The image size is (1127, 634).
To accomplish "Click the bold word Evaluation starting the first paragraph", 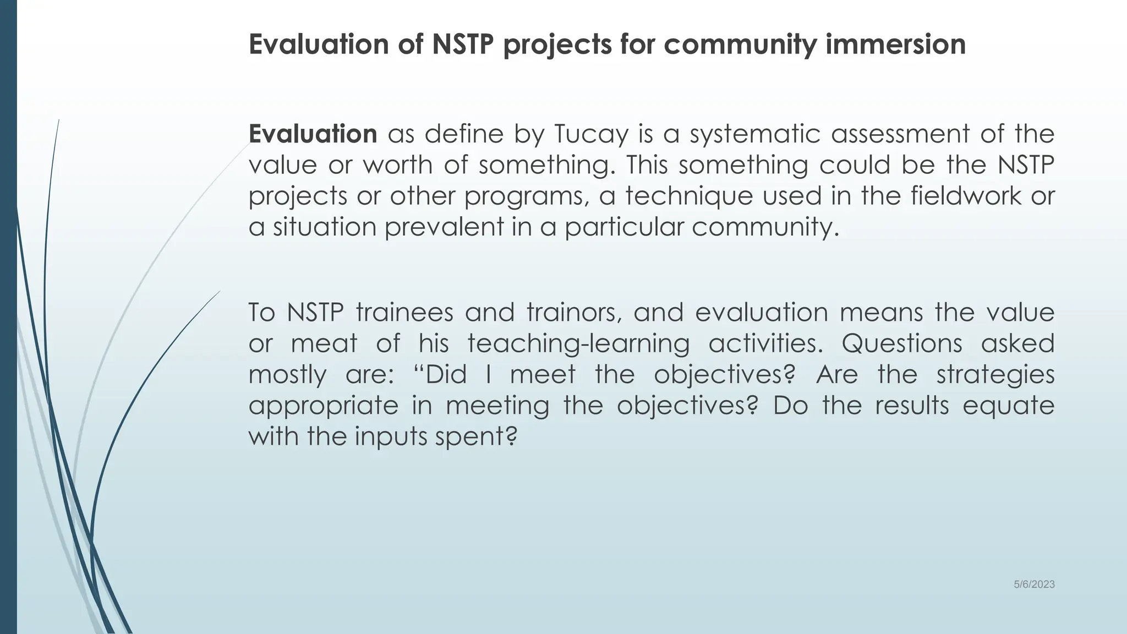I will pyautogui.click(x=313, y=134).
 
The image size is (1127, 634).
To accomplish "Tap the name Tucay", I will pyautogui.click(x=590, y=134).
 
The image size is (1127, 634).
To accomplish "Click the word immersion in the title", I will pyautogui.click(x=895, y=45).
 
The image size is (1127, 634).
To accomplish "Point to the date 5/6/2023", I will pyautogui.click(x=1034, y=585).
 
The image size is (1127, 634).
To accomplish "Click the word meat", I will pyautogui.click(x=324, y=344).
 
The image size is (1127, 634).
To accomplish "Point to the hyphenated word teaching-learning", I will pyautogui.click(x=578, y=344).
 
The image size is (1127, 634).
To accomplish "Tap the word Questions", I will pyautogui.click(x=901, y=344).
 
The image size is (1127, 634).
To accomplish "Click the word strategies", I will pyautogui.click(x=995, y=375).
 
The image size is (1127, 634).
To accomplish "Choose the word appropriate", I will pyautogui.click(x=324, y=406).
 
